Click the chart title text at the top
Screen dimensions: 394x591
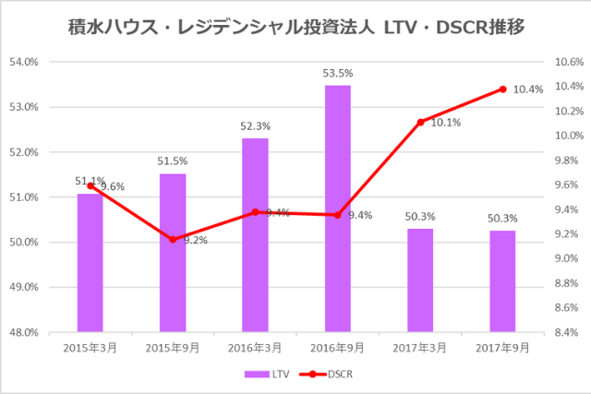[x=295, y=27]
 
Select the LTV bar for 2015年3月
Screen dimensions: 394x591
[x=90, y=262]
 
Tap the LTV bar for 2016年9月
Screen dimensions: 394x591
[x=337, y=209]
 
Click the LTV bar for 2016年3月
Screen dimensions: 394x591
[x=255, y=234]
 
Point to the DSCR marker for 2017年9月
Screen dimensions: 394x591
[x=502, y=90]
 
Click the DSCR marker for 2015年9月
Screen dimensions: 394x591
[x=172, y=239]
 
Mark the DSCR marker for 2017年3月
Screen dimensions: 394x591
[x=420, y=122]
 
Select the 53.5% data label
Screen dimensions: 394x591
[x=337, y=73]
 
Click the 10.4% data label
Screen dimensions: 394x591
[x=528, y=90]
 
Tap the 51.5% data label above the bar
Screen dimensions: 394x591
[x=172, y=161]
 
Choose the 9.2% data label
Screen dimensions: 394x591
[x=195, y=241]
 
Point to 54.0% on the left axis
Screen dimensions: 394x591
[x=23, y=62]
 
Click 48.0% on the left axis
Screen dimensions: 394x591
[x=23, y=332]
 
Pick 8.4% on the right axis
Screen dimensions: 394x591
[x=565, y=332]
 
